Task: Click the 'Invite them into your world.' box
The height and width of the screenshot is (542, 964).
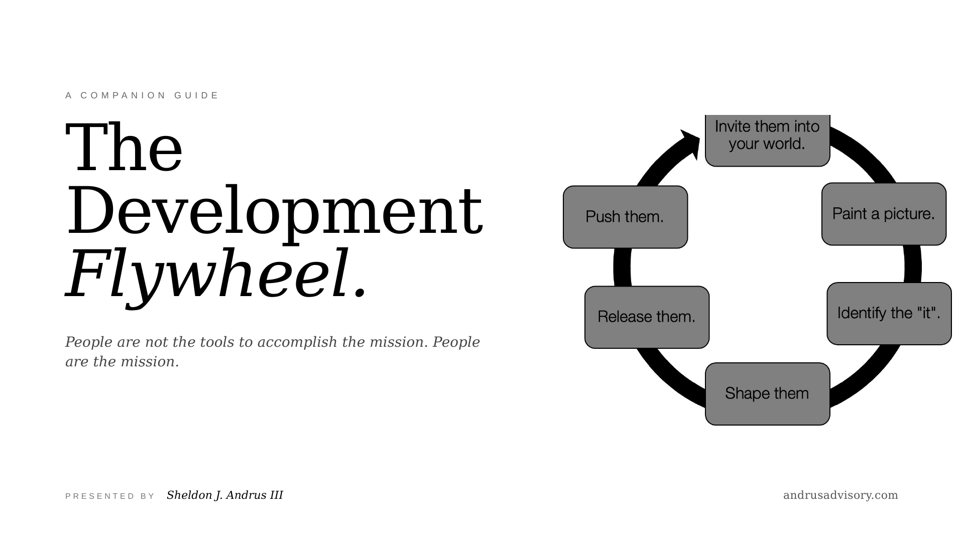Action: tap(767, 140)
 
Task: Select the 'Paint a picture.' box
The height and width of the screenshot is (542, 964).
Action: tap(884, 214)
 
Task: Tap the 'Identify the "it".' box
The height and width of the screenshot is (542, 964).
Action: tap(889, 314)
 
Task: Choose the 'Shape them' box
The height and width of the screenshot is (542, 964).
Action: tap(767, 394)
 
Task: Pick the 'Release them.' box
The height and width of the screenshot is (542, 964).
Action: tap(647, 317)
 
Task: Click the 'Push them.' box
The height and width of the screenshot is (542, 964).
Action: tap(625, 217)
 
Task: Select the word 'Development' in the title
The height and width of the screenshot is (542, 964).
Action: tap(275, 210)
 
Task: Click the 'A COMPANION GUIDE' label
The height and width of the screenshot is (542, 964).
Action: tap(142, 95)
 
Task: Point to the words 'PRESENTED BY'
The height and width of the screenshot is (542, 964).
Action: tap(110, 496)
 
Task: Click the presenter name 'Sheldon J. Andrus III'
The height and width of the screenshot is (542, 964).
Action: tap(225, 495)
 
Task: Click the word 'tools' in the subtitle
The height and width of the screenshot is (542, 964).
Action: tap(217, 342)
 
